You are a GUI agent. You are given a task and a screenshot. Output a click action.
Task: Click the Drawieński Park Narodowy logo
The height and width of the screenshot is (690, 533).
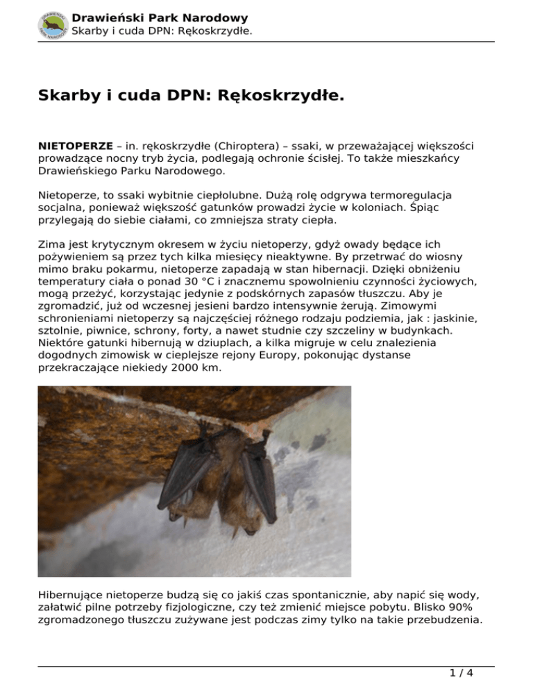[x=53, y=24]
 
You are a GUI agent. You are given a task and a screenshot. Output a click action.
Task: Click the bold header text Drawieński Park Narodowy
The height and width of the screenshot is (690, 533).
[x=160, y=18]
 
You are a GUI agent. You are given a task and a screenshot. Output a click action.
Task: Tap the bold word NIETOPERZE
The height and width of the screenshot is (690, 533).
[x=75, y=146]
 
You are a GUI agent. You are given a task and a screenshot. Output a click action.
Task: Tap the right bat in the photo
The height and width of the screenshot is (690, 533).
[x=253, y=486]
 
